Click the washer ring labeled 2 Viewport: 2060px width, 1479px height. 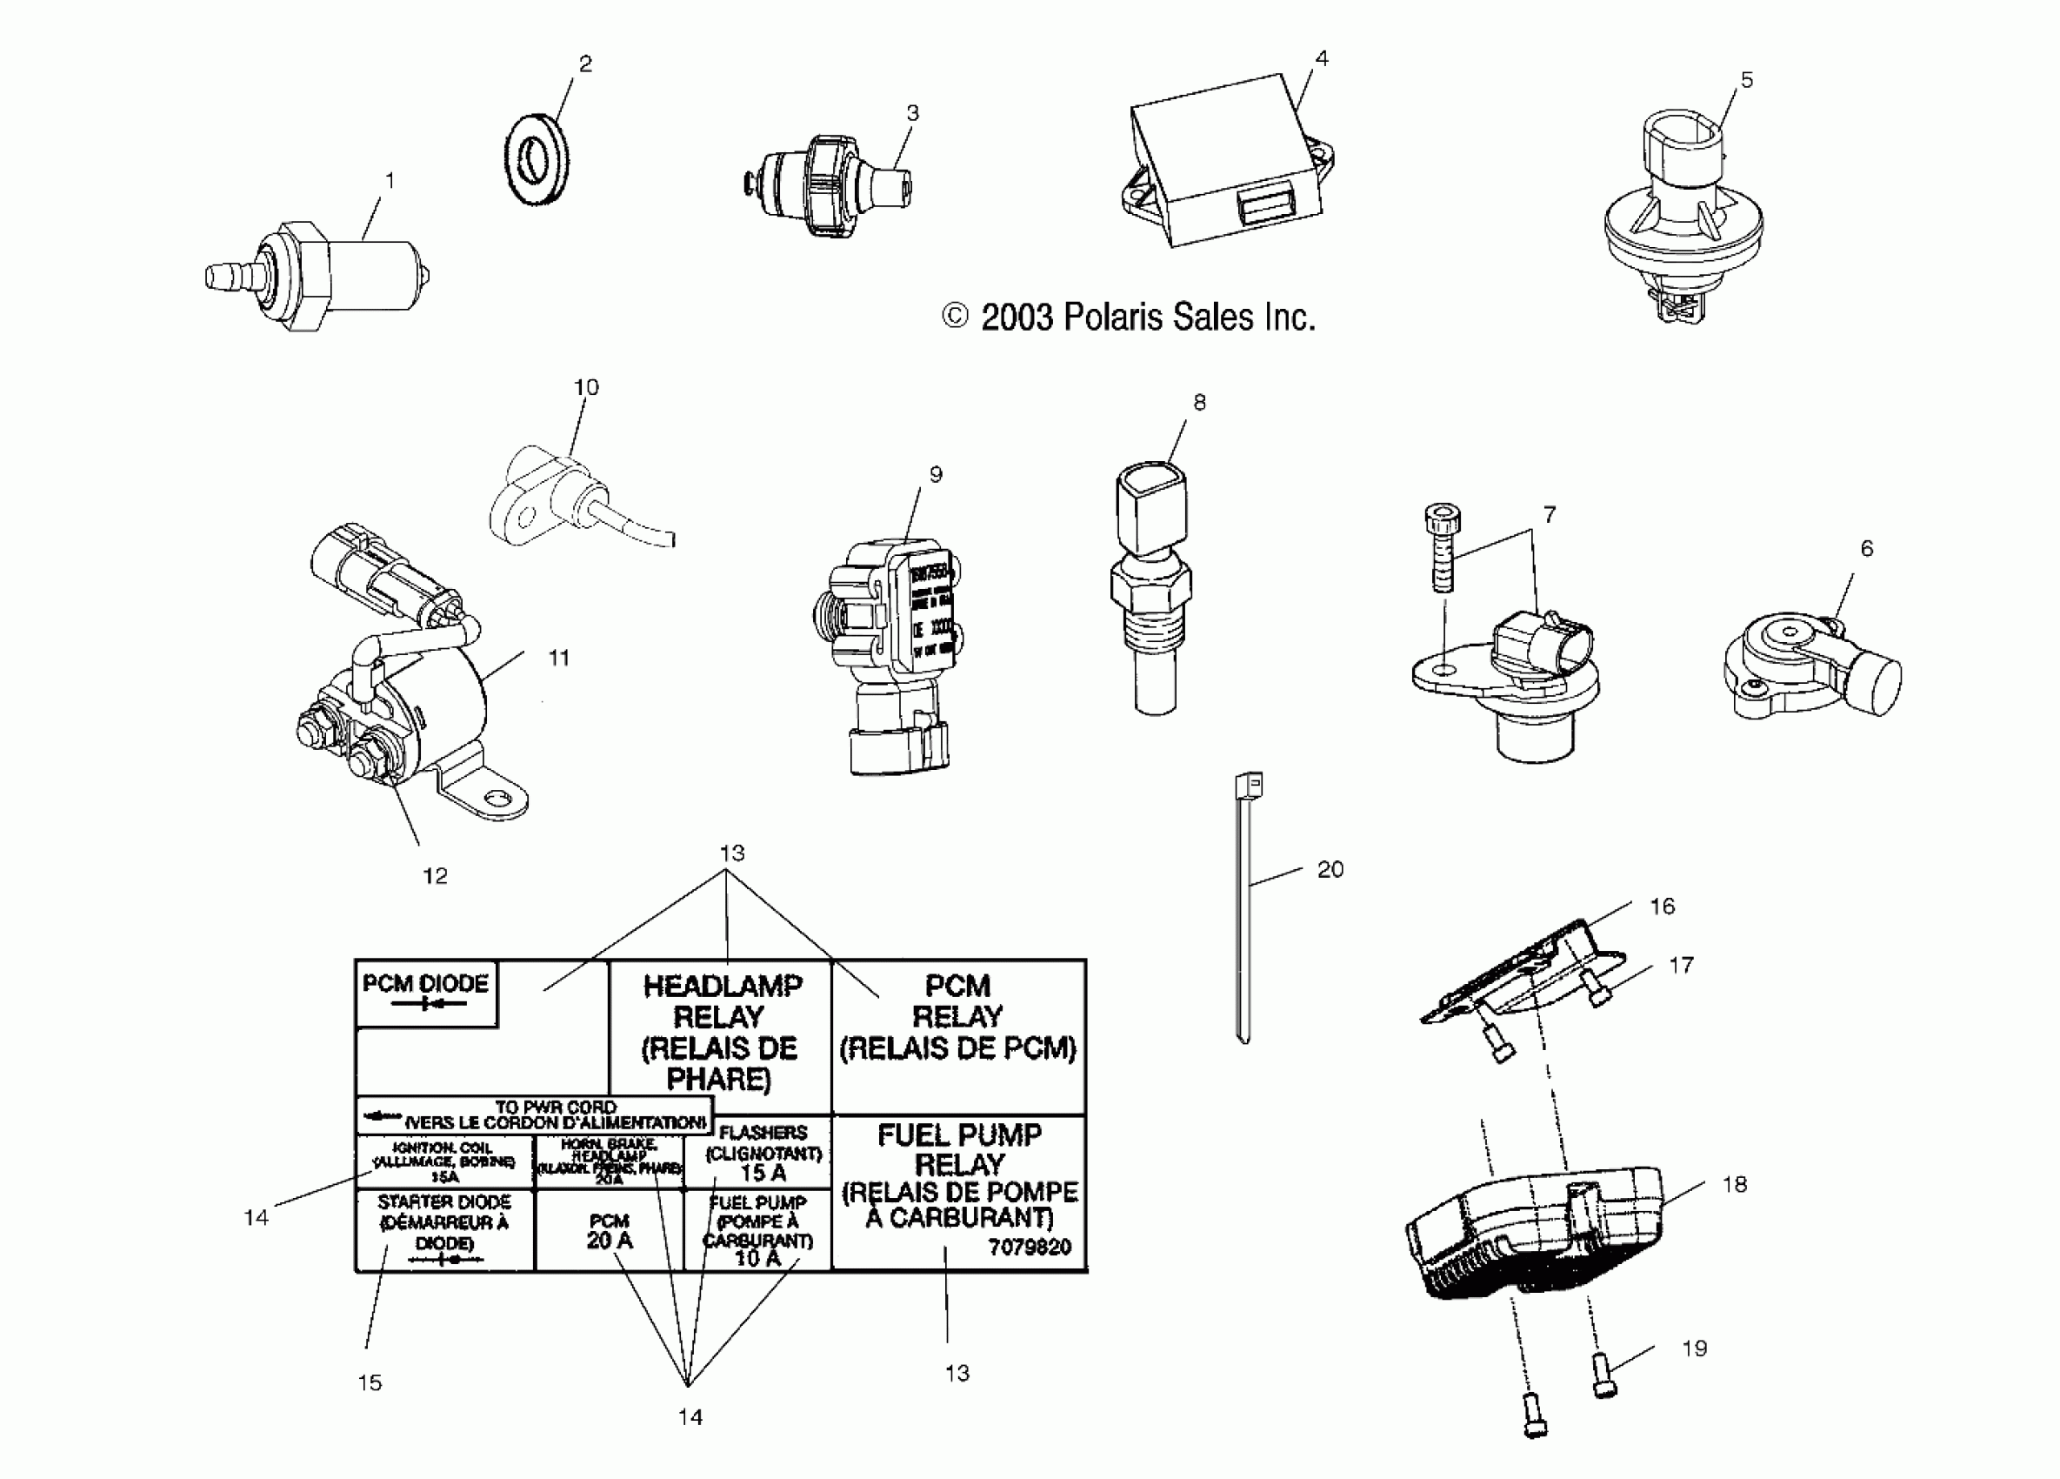537,160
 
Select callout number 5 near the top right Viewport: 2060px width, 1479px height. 1746,81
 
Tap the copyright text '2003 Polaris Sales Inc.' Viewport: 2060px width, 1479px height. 1129,317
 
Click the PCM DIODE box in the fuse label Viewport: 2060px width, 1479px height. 426,993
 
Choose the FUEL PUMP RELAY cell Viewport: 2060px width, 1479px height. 958,1176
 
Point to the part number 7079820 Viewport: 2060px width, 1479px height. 1029,1247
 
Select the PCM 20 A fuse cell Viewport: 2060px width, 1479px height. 609,1231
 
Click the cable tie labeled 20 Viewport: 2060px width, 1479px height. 1244,908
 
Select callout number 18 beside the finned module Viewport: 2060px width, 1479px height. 1734,1185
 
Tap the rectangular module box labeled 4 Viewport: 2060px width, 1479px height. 1226,164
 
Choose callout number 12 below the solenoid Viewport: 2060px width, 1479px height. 435,876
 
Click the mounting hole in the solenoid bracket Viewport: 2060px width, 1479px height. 494,800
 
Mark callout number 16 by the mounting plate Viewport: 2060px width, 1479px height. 1661,906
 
